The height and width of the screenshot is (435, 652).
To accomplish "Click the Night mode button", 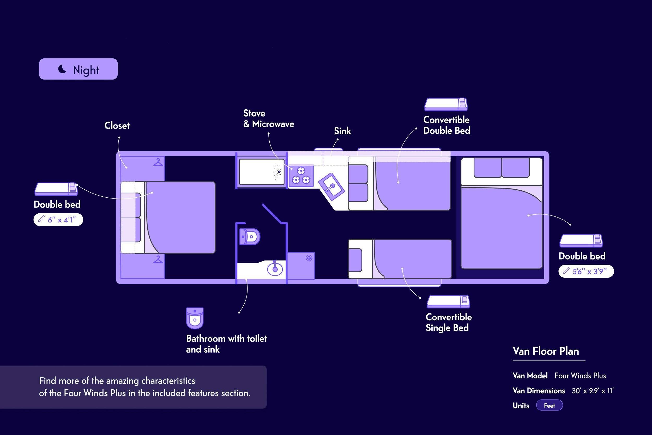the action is tap(78, 69).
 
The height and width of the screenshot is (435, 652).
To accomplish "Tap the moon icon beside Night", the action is tap(62, 69).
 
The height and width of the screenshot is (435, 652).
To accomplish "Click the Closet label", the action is tap(117, 126).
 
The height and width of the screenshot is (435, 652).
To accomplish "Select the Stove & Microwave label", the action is tap(269, 119).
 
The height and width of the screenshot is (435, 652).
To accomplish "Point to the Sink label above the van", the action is tap(342, 131).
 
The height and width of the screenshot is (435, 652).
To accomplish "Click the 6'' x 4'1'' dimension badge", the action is tap(58, 220).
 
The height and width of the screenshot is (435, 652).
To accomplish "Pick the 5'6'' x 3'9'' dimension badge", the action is tap(586, 271).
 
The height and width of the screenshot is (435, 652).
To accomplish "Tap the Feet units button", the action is tap(549, 406).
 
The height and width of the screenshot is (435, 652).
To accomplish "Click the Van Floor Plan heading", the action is tap(546, 352).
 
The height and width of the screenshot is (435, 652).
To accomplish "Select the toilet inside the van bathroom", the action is tap(250, 237).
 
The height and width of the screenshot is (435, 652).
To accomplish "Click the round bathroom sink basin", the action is tap(275, 269).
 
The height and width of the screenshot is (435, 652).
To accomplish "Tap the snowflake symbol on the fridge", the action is tap(309, 258).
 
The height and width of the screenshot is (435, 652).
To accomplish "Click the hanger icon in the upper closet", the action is tap(158, 162).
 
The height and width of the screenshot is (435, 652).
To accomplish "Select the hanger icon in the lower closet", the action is tap(158, 259).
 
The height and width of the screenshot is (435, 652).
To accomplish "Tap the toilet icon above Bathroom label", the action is tap(195, 318).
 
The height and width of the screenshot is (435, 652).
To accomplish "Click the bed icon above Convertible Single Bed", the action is tap(448, 302).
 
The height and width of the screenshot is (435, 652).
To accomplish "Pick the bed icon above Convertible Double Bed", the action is tap(446, 104).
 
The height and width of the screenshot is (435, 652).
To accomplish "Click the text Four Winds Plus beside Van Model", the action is tap(580, 376).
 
